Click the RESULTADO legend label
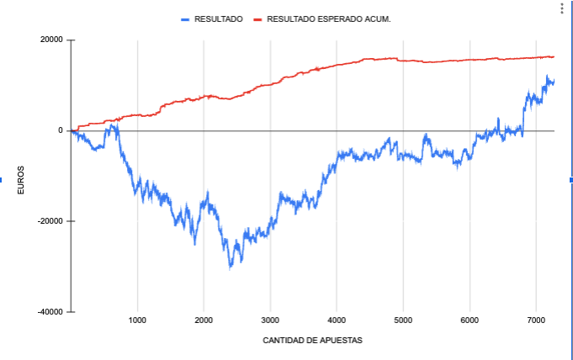coord(219,18)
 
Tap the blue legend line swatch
coord(185,18)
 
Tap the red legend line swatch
coord(257,18)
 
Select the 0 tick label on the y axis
coord(60,130)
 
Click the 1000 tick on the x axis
coord(138,320)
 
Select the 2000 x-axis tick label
coord(204,320)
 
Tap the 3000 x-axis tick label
coord(270,320)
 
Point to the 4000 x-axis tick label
coord(337,320)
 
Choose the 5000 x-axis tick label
coord(403,320)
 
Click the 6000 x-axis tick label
coord(470,320)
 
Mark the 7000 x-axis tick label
coord(536,320)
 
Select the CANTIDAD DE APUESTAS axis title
coord(312,340)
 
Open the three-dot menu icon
coord(562,8)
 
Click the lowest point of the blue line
coord(230,267)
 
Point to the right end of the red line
coord(554,57)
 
